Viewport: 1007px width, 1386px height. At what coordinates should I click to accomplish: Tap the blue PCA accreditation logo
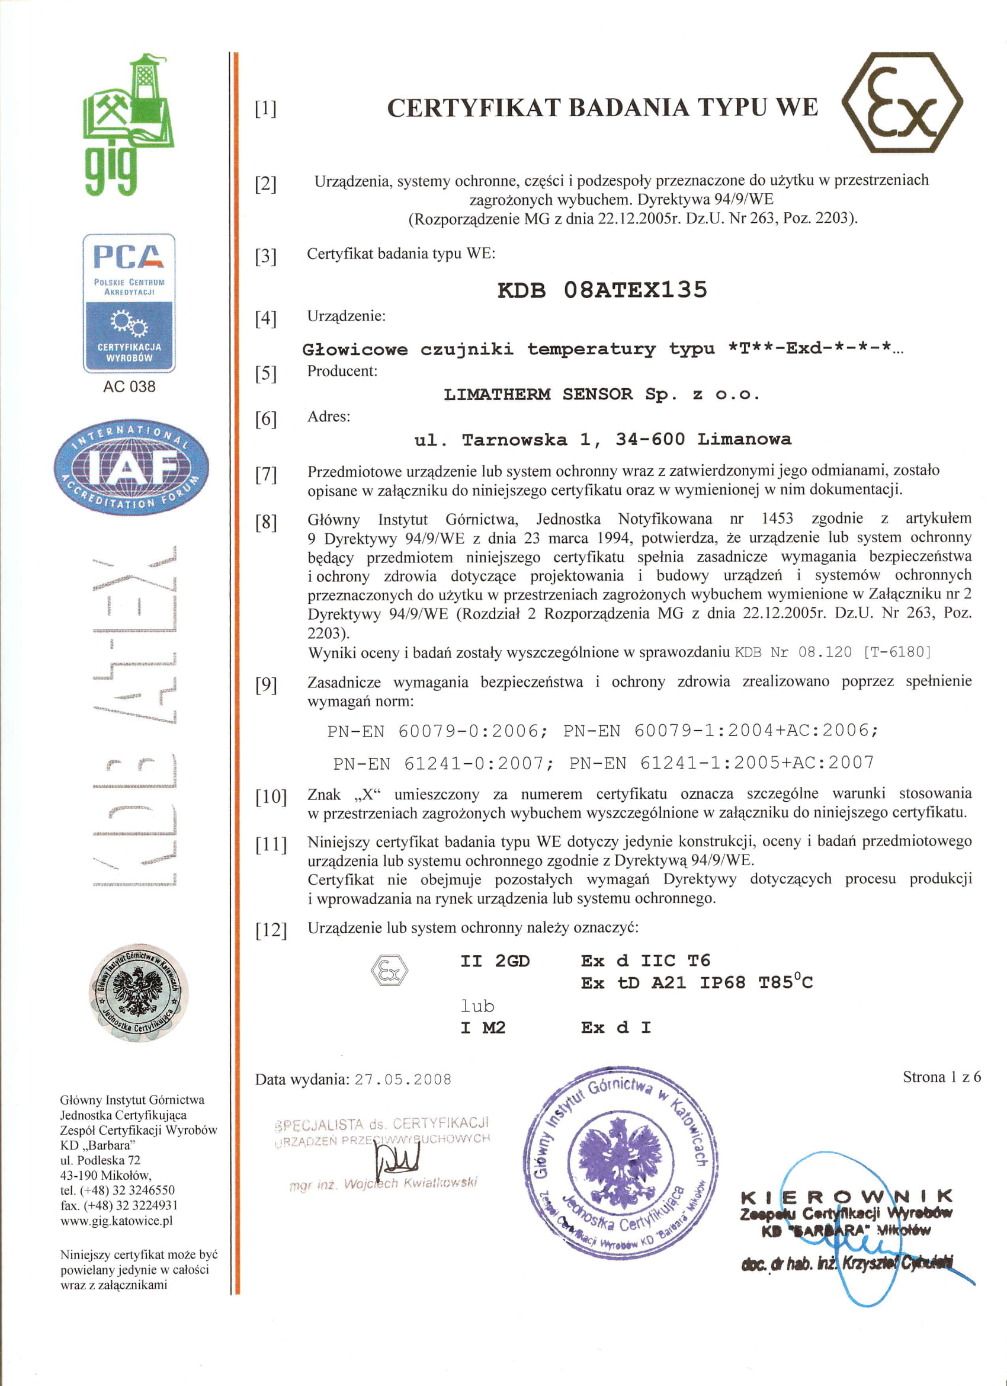pos(129,303)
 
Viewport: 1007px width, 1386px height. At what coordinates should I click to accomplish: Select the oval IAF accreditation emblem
pos(131,467)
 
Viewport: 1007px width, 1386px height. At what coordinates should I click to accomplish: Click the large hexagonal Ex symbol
pos(902,103)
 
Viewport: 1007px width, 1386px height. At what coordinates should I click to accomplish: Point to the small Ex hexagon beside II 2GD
pos(389,969)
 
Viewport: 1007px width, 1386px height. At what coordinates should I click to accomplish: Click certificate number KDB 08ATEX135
pos(602,290)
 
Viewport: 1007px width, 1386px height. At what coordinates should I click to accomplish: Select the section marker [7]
pos(266,475)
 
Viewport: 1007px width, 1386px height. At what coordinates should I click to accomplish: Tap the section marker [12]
pos(271,930)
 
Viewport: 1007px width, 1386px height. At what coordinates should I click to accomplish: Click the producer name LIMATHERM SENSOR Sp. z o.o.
pos(602,395)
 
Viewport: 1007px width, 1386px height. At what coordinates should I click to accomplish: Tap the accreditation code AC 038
pos(129,386)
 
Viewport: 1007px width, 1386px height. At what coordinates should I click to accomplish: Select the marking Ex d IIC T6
pos(645,961)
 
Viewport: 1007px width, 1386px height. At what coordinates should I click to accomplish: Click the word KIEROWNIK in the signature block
pos(846,1196)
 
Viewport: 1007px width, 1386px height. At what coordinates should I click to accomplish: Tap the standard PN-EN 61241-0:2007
pos(438,763)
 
